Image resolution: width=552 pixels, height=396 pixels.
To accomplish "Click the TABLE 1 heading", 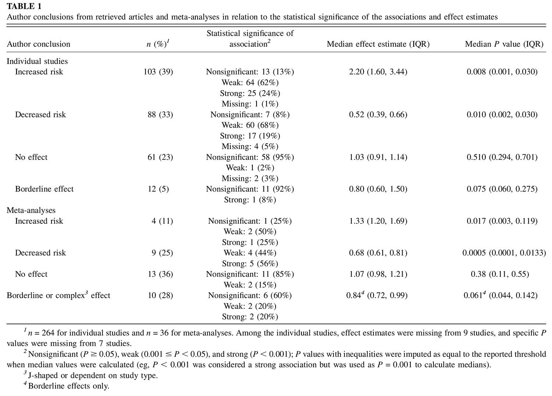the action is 24,6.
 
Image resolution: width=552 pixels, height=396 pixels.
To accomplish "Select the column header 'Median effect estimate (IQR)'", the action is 378,44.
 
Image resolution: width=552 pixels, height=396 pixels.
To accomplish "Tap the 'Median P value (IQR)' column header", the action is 504,44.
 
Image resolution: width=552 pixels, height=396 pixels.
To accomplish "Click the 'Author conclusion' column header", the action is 38,44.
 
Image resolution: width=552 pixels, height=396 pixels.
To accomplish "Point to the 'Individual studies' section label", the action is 37,61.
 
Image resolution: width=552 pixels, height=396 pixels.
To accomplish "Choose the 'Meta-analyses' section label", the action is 31,210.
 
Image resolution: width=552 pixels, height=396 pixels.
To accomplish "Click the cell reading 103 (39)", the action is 158,72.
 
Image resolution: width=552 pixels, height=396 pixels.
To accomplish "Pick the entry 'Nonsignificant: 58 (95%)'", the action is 250,157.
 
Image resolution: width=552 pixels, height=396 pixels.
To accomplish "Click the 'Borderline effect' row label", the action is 45,189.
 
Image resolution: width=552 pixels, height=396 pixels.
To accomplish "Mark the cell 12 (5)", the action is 158,189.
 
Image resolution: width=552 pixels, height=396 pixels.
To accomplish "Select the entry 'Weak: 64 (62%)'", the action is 250,82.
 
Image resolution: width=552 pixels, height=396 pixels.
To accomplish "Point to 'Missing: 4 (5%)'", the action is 250,146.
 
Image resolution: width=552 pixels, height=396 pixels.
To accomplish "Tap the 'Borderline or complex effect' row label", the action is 59,295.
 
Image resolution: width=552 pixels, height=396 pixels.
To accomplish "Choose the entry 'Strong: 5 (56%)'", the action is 250,264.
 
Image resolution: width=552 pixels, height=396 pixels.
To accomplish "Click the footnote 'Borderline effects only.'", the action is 67,386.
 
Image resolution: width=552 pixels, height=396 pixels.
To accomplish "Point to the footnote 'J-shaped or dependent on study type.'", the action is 91,375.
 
